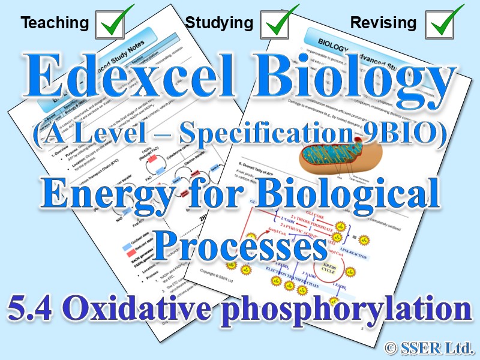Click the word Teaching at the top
[55, 23]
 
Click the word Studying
[219, 23]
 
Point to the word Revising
[383, 23]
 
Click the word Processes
[241, 244]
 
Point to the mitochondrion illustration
[348, 162]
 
